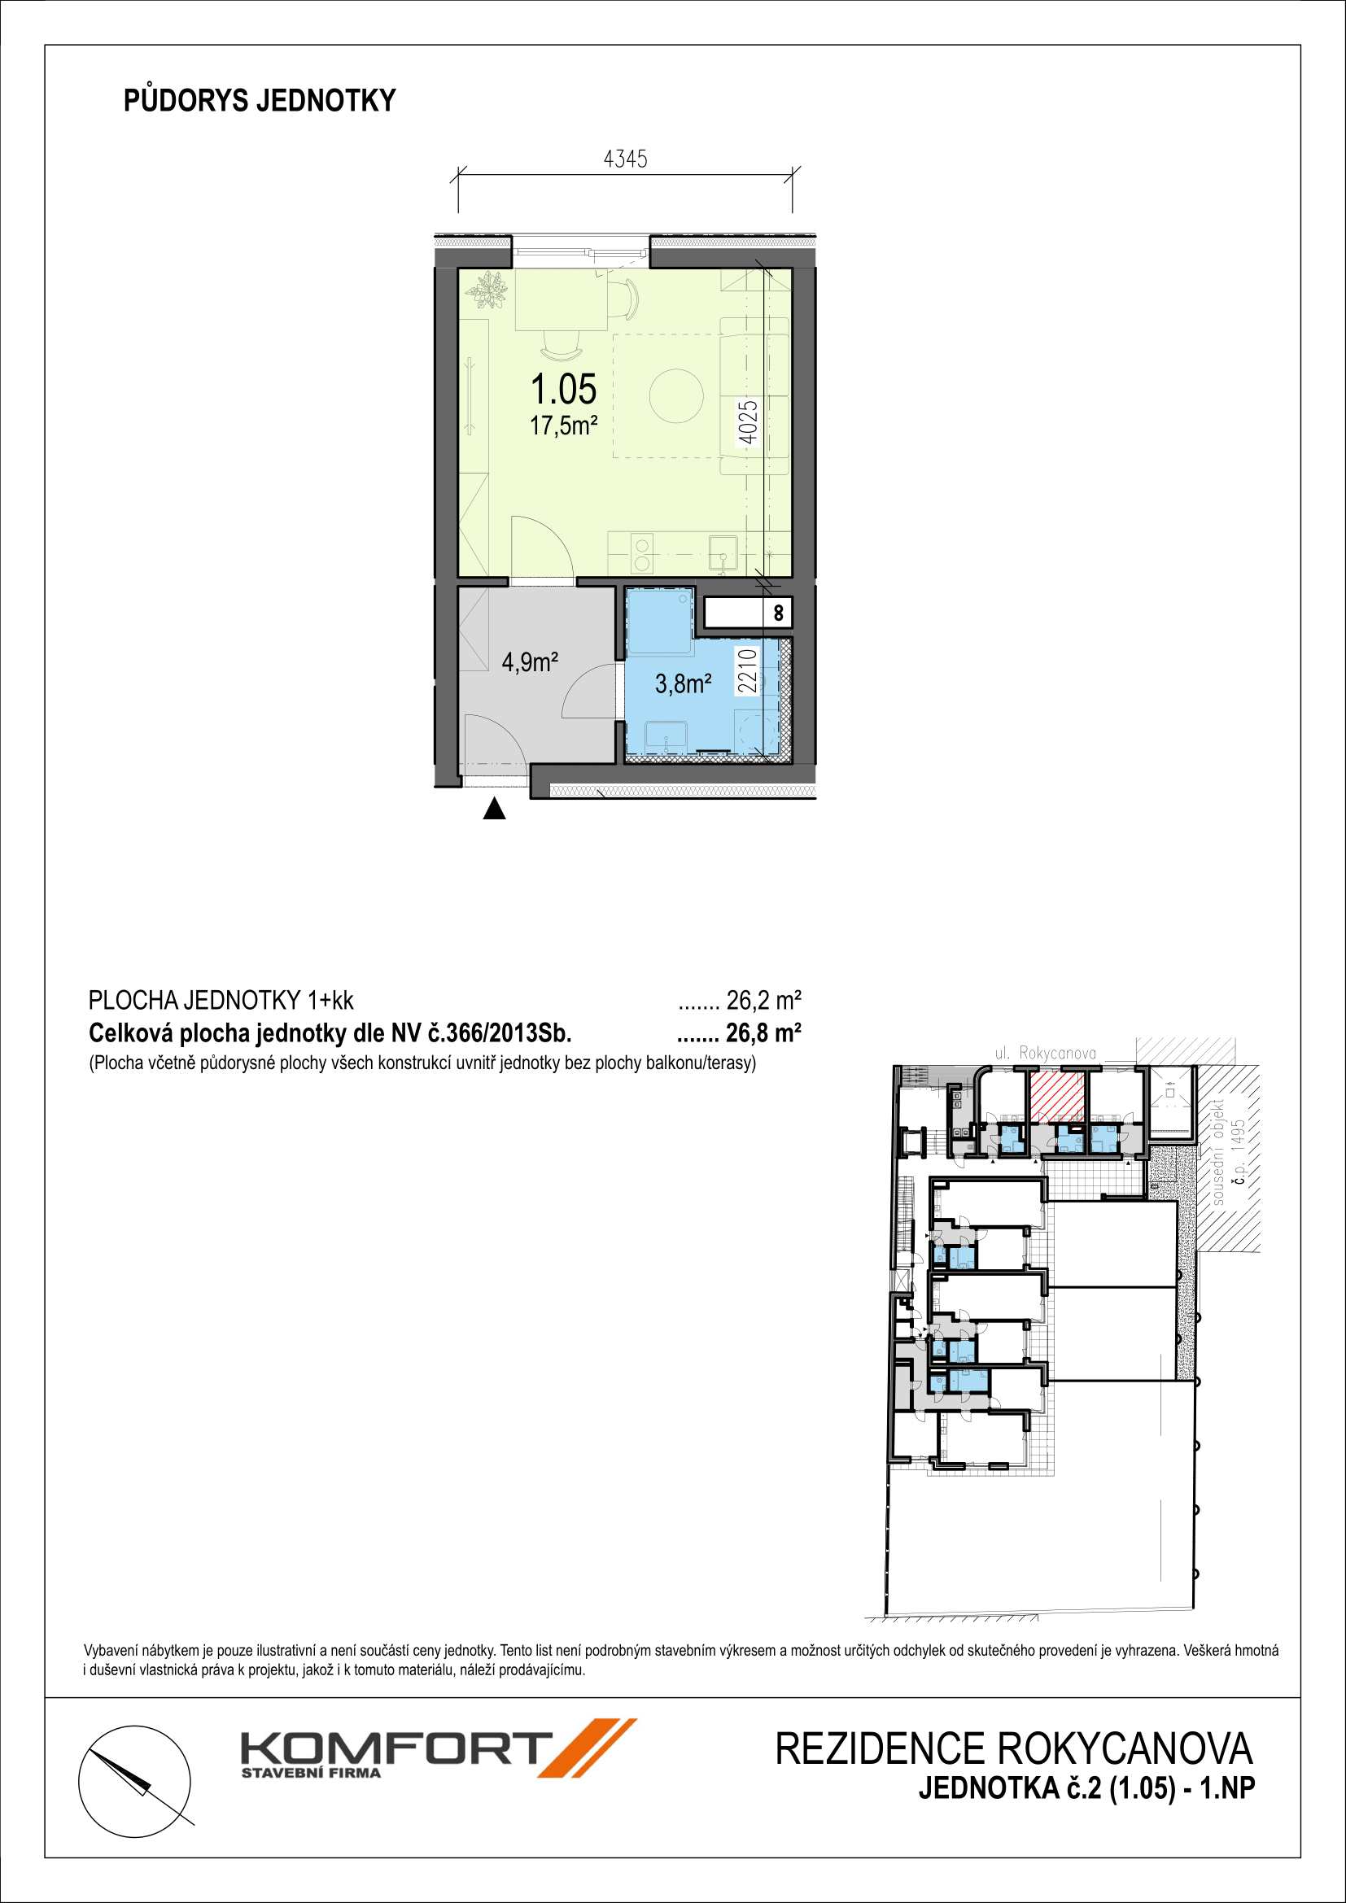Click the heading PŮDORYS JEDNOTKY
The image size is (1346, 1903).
260,100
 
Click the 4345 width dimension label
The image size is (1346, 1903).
625,159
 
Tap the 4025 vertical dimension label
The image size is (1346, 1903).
748,423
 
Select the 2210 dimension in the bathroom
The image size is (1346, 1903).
748,670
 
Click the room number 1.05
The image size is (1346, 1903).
564,389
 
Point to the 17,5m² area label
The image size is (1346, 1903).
564,426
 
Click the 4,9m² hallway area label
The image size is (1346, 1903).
530,662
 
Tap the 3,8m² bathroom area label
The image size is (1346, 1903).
683,683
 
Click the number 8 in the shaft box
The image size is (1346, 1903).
778,613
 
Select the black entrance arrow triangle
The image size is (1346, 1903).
494,809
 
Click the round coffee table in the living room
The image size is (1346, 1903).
676,396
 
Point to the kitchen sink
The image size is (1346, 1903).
723,555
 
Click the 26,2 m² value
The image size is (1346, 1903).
763,1001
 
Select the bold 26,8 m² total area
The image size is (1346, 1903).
763,1032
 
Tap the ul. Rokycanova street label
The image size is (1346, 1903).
1045,1054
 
